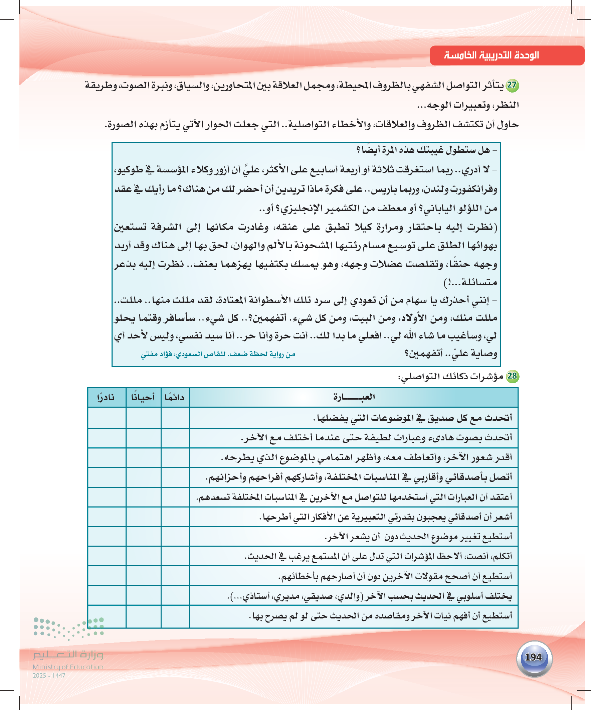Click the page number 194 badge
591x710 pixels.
coord(534,657)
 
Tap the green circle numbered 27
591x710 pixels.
coord(512,85)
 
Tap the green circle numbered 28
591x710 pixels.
coord(512,376)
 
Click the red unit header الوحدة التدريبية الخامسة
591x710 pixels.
coord(491,55)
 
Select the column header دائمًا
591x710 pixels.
coord(175,397)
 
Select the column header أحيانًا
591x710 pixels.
coord(143,397)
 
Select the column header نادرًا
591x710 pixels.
coord(106,397)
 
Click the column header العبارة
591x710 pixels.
coord(354,397)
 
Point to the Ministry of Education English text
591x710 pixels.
coord(68,667)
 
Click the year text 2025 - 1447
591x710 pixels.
coord(49,675)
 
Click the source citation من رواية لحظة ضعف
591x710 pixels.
coord(218,354)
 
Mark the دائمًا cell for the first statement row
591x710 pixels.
coord(175,418)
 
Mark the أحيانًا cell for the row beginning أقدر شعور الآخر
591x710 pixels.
coord(143,457)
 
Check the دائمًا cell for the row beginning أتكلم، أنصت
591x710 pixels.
coord(175,556)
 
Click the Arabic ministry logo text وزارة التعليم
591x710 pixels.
coord(68,655)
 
